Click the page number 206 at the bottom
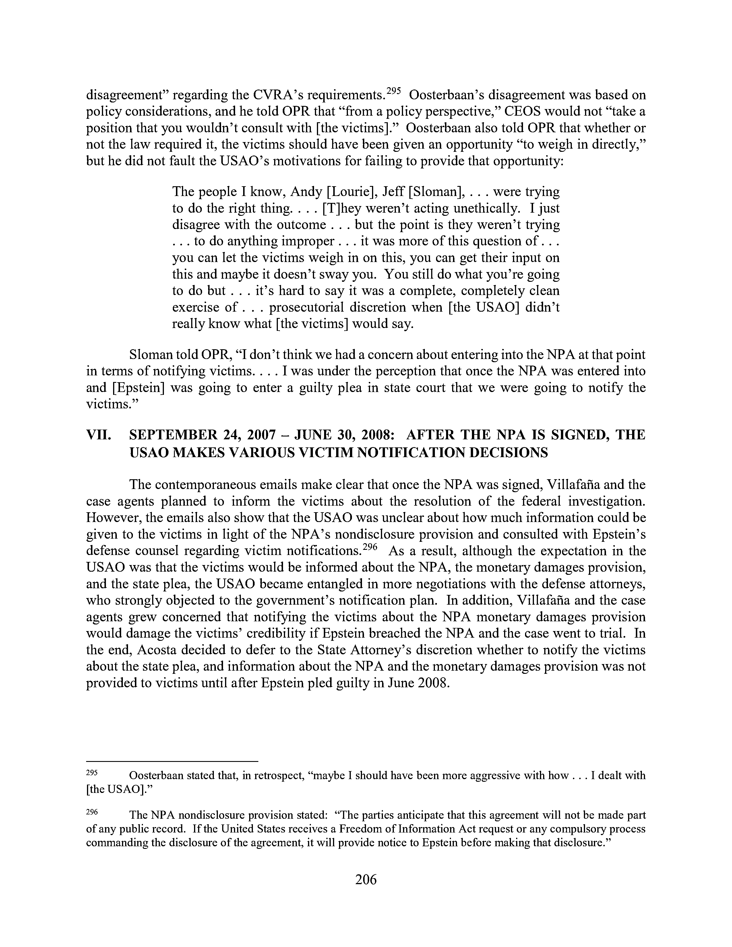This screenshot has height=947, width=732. point(365,879)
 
